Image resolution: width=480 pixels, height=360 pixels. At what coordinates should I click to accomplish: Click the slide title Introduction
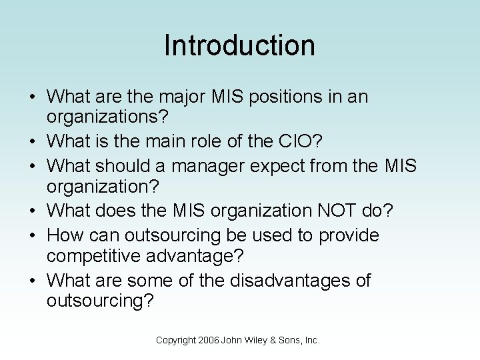(239, 45)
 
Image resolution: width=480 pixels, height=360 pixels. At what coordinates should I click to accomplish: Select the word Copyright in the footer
(175, 340)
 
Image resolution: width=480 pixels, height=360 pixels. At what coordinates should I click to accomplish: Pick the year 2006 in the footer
(209, 340)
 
